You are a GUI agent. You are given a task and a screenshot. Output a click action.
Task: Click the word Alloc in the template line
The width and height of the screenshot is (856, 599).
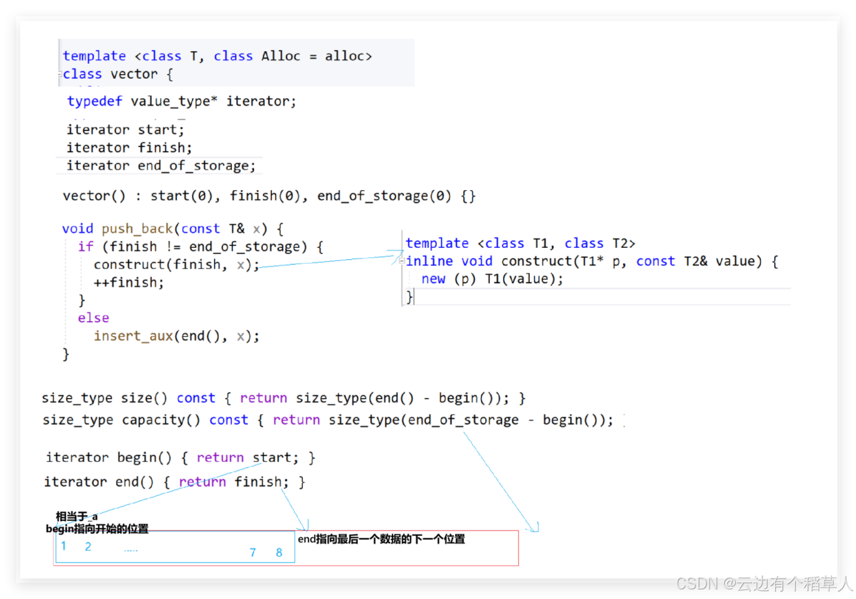pyautogui.click(x=281, y=56)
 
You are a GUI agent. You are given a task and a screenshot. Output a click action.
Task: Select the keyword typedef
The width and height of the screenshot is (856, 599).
pyautogui.click(x=95, y=101)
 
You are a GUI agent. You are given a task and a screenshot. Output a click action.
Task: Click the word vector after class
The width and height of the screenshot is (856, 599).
pyautogui.click(x=134, y=74)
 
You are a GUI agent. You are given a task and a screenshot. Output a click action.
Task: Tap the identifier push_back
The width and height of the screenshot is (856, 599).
pyautogui.click(x=137, y=229)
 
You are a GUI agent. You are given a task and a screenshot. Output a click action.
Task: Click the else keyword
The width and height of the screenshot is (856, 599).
pyautogui.click(x=93, y=318)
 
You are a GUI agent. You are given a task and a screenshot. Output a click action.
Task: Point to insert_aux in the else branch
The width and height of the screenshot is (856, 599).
pyautogui.click(x=133, y=336)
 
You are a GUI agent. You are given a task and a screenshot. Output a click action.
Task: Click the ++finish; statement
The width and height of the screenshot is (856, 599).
pyautogui.click(x=128, y=282)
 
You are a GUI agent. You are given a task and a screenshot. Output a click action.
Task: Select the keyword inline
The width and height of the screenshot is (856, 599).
pyautogui.click(x=429, y=261)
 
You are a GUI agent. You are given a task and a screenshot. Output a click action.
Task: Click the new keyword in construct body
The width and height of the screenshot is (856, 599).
pyautogui.click(x=433, y=279)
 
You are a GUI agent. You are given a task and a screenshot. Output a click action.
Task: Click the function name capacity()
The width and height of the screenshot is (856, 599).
pyautogui.click(x=161, y=420)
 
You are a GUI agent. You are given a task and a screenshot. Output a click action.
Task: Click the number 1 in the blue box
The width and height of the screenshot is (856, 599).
pyautogui.click(x=64, y=546)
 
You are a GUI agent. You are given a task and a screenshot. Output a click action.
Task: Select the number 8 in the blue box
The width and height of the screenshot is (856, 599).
pyautogui.click(x=279, y=552)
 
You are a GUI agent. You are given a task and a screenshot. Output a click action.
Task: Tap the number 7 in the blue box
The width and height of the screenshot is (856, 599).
pyautogui.click(x=253, y=552)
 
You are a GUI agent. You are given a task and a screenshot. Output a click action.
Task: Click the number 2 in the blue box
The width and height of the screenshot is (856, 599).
pyautogui.click(x=88, y=547)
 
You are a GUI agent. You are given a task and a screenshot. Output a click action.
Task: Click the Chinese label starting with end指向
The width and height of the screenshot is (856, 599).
pyautogui.click(x=381, y=539)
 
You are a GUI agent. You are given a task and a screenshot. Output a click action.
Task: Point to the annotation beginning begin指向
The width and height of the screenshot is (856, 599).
pyautogui.click(x=97, y=529)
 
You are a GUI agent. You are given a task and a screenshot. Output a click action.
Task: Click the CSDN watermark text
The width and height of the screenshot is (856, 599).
pyautogui.click(x=764, y=583)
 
